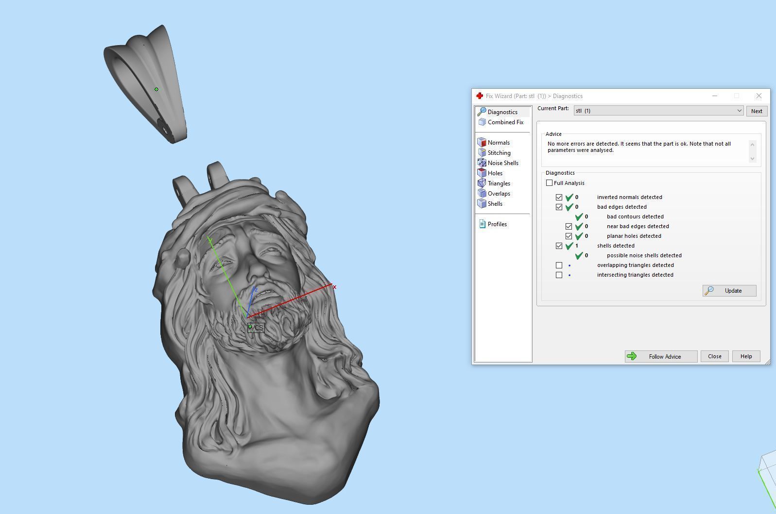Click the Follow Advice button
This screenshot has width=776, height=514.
coord(661,356)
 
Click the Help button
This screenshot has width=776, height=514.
coord(746,356)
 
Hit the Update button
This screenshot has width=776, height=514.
coord(729,291)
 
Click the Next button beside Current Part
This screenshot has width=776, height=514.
coord(757,111)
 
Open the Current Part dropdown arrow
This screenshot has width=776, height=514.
coord(739,111)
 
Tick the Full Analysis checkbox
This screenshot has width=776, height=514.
coord(550,183)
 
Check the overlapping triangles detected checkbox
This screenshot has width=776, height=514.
coord(559,265)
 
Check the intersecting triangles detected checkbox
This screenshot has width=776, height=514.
coord(559,275)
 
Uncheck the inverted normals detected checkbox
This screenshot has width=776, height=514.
coord(559,197)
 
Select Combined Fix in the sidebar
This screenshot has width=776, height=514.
coord(505,122)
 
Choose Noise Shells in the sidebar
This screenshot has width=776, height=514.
coord(503,163)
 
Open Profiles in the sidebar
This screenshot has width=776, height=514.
coord(497,224)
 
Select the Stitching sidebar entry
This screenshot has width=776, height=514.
coord(499,153)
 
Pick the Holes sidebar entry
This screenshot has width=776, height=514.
coord(495,173)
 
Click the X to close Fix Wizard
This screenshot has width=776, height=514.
coord(759,96)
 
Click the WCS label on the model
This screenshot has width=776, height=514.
coord(257,328)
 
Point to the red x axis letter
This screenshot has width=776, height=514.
coord(334,287)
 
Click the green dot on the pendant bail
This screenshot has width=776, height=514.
coord(156,89)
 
